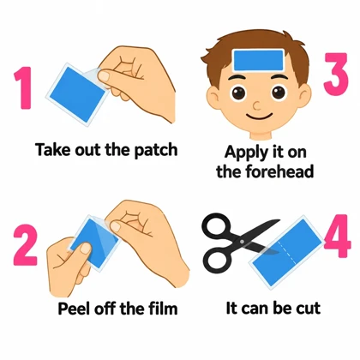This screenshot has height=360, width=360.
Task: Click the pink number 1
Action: point(24,87)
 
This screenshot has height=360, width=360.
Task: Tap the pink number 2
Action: point(25,245)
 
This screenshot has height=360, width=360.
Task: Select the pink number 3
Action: point(336,75)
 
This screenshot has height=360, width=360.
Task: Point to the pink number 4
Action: point(338,237)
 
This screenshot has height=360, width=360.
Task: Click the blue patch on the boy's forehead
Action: point(258,60)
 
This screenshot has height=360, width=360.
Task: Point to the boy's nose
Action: point(257,106)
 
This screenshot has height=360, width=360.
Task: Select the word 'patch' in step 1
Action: point(156,150)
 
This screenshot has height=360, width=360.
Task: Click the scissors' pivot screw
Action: point(243,242)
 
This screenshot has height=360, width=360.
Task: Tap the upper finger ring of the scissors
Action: point(216,226)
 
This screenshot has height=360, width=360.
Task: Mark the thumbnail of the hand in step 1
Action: point(104,75)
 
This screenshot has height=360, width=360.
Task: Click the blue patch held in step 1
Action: point(77,93)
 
